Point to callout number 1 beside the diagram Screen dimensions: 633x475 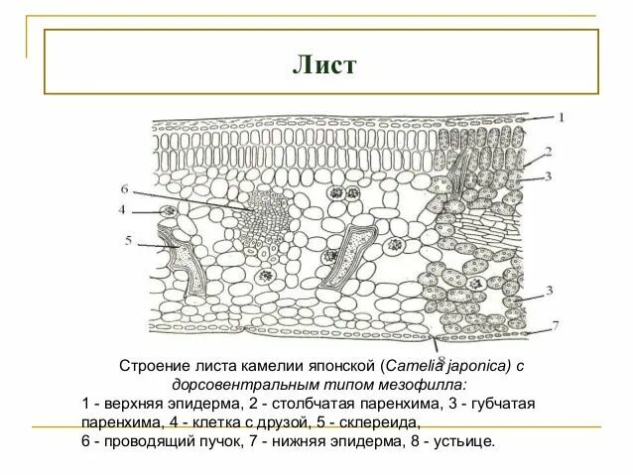(x=562, y=117)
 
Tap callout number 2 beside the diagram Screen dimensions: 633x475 (x=547, y=153)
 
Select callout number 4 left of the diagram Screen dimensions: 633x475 (x=122, y=210)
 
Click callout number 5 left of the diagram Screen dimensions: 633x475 (x=127, y=240)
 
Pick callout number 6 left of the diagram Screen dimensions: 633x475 (x=124, y=188)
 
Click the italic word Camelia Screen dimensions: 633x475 (x=416, y=366)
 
